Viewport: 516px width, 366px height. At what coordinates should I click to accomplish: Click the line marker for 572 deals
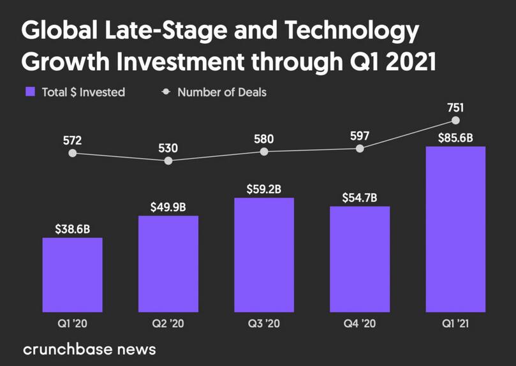pos(72,154)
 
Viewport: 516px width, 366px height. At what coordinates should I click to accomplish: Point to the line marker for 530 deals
pos(168,161)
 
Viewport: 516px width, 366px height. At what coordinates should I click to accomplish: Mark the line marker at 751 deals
pos(455,120)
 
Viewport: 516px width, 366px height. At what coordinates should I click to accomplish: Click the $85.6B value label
pos(455,136)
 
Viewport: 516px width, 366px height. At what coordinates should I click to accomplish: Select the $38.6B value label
pos(72,228)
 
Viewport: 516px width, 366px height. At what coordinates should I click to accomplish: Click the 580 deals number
pos(264,137)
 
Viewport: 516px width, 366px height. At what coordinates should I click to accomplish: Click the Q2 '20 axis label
pos(168,324)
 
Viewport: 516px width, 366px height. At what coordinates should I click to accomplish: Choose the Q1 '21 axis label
pos(455,324)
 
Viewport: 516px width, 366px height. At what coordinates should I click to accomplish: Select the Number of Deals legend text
pos(221,92)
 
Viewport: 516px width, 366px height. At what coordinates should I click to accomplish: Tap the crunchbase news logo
pos(89,349)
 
